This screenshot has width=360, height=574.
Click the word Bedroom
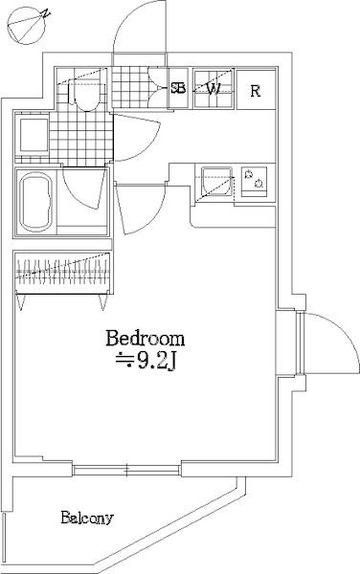(145, 339)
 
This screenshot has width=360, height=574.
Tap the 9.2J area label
(146, 362)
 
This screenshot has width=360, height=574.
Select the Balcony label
(87, 518)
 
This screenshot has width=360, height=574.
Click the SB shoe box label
(178, 88)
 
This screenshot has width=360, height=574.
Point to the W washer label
(214, 89)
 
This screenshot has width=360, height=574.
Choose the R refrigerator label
(256, 91)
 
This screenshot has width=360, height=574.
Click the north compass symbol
(27, 27)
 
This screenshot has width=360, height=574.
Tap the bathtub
(35, 203)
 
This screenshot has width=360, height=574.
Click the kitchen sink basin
(216, 181)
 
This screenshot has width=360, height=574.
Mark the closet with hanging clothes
(62, 272)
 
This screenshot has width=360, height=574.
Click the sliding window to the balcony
(126, 470)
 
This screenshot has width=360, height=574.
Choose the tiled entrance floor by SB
(129, 88)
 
